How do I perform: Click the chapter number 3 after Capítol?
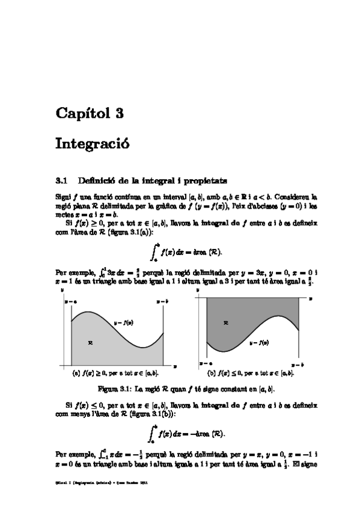(x=119, y=112)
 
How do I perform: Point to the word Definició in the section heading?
(x=99, y=179)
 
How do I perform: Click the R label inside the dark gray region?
(x=225, y=323)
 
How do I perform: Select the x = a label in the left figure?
(x=70, y=300)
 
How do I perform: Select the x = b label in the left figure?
(x=162, y=300)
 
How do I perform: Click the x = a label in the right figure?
(x=207, y=364)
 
